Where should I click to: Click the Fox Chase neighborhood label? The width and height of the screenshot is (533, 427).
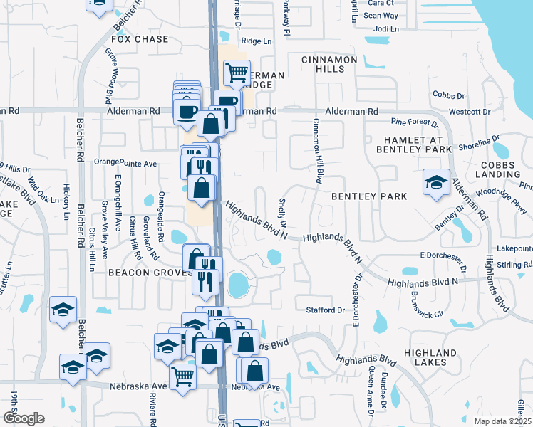[140, 40]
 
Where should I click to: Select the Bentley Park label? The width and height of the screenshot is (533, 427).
[368, 196]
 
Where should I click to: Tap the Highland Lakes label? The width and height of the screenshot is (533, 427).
[430, 357]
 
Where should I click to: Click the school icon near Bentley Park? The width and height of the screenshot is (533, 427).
[435, 183]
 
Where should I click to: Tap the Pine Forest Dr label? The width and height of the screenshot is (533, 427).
[415, 122]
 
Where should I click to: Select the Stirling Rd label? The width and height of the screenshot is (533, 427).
[516, 264]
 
